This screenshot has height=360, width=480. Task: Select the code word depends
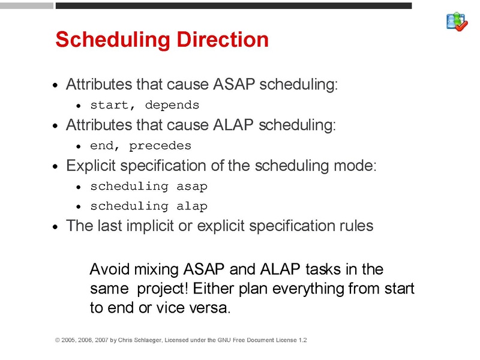(172, 105)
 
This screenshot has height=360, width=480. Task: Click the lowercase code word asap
(192, 186)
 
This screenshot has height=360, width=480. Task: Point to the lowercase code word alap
(192, 206)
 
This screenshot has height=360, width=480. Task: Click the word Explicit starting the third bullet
(88, 165)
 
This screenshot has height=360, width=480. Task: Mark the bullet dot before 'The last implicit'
(55, 227)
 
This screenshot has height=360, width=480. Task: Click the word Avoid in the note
(107, 269)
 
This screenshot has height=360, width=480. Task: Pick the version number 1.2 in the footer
(302, 340)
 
